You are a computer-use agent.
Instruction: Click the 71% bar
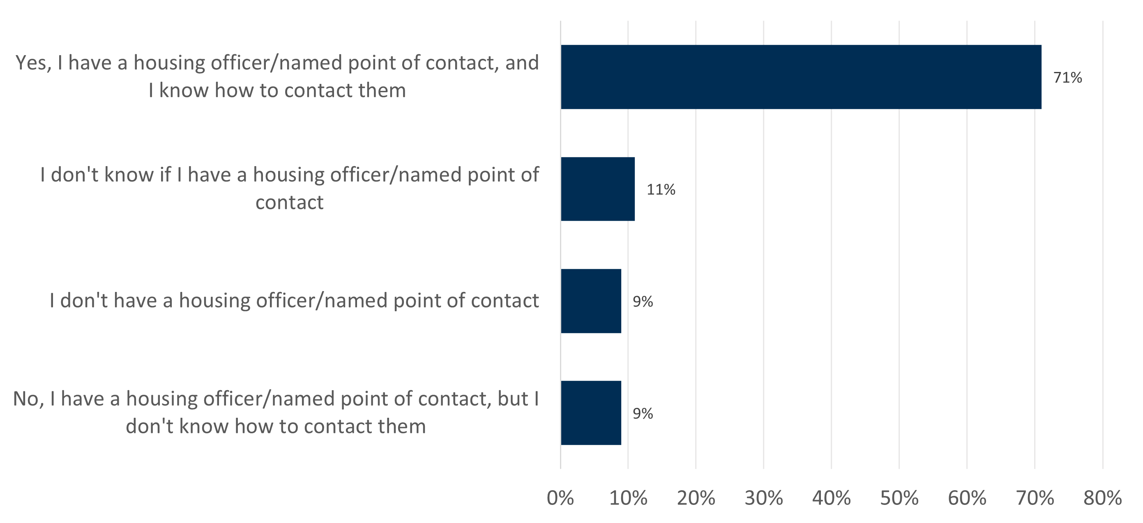tap(801, 77)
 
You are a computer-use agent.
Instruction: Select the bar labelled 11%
tap(598, 189)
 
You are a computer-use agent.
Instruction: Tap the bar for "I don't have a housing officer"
tap(591, 301)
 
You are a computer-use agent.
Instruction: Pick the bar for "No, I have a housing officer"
tap(591, 413)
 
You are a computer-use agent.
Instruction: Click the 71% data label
tap(1067, 78)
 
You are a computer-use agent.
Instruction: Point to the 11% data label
tap(661, 190)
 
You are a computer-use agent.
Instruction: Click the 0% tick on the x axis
tap(560, 498)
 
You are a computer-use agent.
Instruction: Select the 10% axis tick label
tap(628, 498)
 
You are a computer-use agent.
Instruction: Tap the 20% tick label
tap(696, 498)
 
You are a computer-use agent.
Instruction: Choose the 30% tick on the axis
tap(764, 498)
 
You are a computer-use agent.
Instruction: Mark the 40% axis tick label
tap(832, 498)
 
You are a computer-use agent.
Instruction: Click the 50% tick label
tap(899, 498)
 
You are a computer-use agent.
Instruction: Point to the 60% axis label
tap(967, 498)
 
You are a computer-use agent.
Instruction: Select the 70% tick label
tap(1035, 498)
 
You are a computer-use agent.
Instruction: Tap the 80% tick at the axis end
tap(1103, 498)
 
